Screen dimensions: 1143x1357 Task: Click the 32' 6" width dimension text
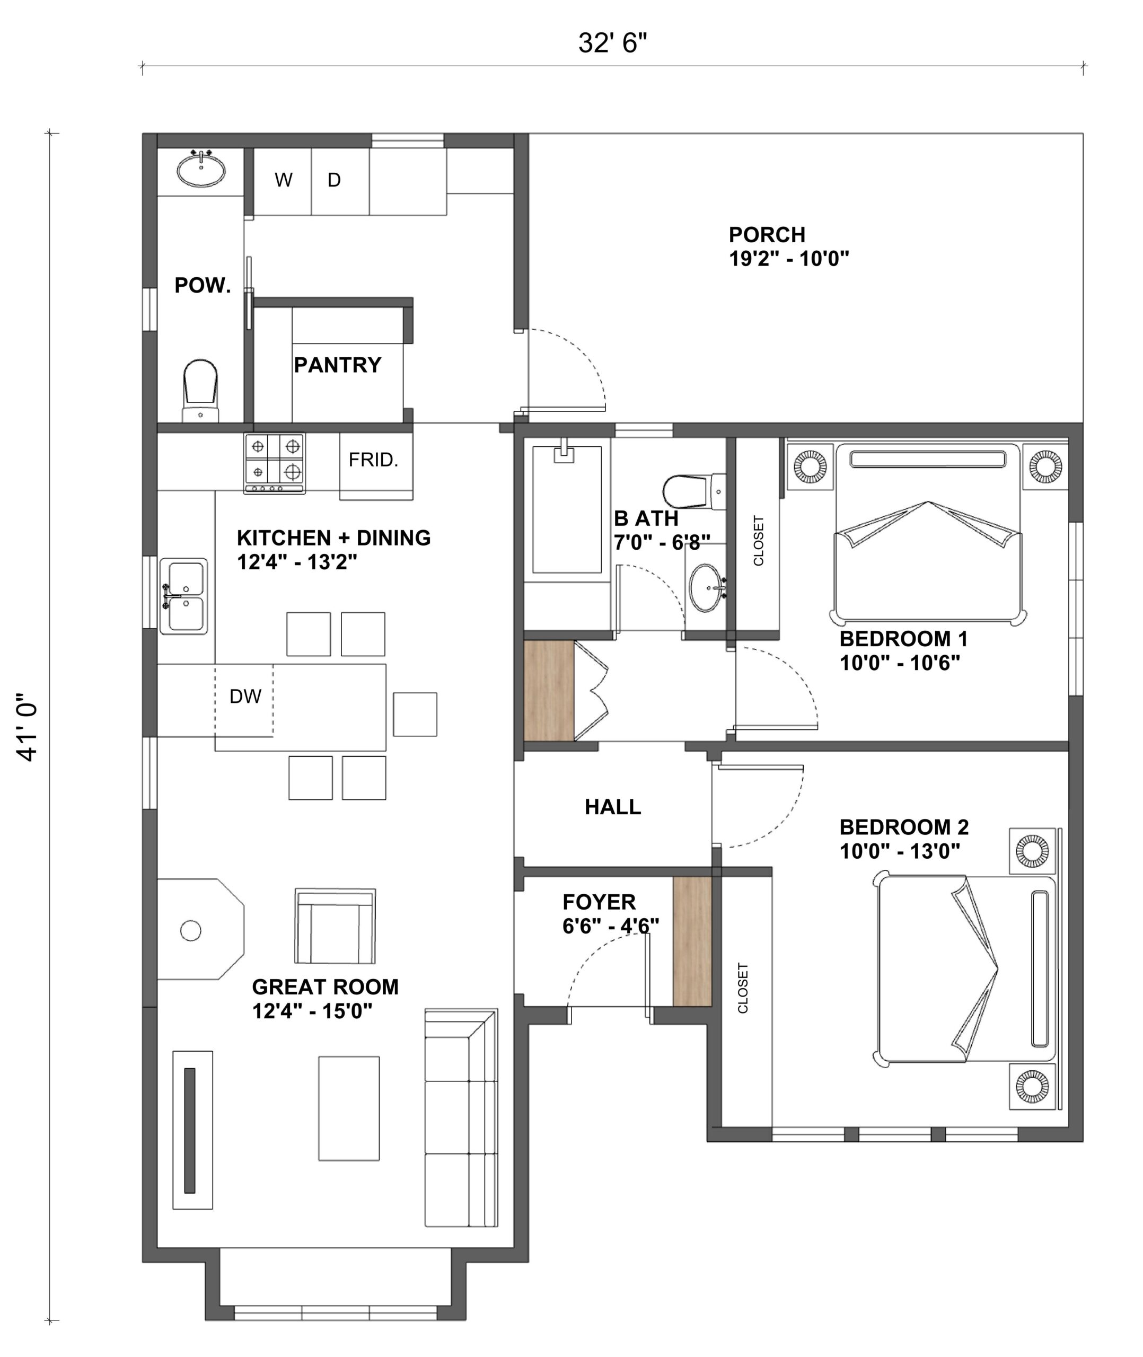(612, 43)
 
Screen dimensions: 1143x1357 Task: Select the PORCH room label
(767, 234)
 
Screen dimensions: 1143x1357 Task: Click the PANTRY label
(338, 365)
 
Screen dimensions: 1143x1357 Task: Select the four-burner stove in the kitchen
(275, 463)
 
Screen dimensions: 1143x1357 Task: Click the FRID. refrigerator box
(376, 466)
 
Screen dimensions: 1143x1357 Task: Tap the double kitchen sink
(184, 596)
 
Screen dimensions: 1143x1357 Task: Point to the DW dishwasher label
(245, 697)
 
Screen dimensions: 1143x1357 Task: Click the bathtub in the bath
(567, 509)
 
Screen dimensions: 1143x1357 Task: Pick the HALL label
(613, 807)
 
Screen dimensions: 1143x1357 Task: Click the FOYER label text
(600, 902)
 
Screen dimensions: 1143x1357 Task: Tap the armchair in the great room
(335, 926)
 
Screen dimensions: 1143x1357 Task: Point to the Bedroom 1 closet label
(759, 541)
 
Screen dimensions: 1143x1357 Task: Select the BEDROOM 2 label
(904, 827)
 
